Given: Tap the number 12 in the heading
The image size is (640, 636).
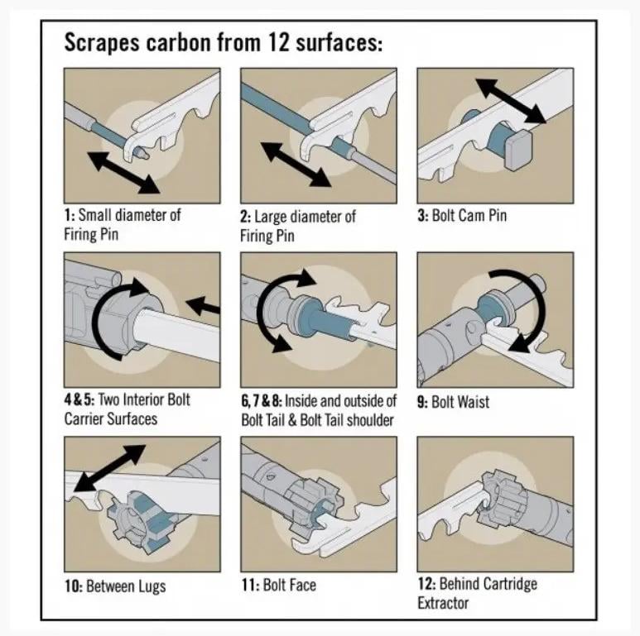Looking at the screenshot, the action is click(279, 42).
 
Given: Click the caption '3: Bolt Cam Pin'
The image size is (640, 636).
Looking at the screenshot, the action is click(462, 215).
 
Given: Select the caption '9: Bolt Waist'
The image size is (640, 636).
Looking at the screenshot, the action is click(453, 402).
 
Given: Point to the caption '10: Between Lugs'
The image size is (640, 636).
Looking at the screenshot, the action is click(115, 586).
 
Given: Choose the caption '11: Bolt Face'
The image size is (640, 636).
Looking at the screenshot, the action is click(279, 585).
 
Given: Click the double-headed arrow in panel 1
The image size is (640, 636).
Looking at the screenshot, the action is click(123, 173).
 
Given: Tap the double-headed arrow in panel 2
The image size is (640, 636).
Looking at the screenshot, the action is click(296, 165).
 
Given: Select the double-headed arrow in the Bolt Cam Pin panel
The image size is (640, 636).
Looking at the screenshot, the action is click(511, 101).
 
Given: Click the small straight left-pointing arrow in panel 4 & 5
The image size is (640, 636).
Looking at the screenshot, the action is click(204, 306).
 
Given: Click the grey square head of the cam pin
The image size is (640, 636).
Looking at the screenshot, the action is click(518, 150).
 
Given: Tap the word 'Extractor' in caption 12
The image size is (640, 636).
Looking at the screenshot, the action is click(443, 603).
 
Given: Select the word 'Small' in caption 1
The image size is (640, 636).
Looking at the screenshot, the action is click(95, 215).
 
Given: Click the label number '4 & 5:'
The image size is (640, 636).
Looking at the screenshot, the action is click(79, 399).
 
